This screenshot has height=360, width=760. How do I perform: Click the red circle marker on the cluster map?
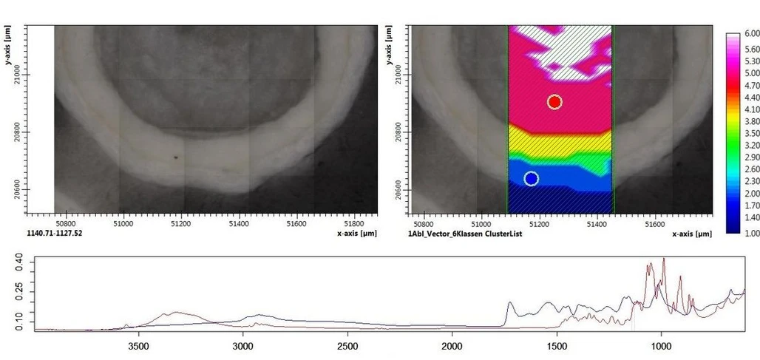(x=554, y=102)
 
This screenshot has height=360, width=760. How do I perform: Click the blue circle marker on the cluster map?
(x=531, y=179)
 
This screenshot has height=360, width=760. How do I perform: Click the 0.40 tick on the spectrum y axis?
(x=20, y=260)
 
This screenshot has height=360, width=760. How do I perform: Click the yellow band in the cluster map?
(x=560, y=140)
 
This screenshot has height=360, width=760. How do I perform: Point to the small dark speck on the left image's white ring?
(x=176, y=157)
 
